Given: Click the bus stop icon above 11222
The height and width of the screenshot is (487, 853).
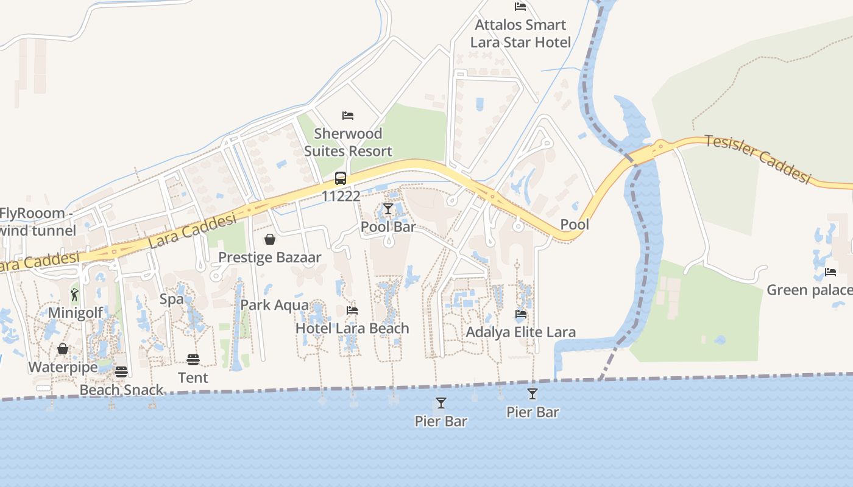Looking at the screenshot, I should [341, 178].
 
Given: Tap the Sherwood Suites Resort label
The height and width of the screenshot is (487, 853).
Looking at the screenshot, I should [348, 142].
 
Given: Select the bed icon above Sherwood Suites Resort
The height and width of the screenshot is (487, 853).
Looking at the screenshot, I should [348, 115].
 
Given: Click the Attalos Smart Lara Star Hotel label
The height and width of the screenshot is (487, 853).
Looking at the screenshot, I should [520, 33].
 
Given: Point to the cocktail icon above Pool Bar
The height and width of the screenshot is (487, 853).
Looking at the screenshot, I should [388, 209].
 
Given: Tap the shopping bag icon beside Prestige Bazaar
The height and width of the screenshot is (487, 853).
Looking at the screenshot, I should [270, 239].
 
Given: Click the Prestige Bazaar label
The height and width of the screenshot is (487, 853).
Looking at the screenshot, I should [269, 258].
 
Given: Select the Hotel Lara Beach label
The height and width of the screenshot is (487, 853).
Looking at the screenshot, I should [352, 328].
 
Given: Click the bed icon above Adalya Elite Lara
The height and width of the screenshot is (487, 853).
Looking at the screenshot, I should [521, 315].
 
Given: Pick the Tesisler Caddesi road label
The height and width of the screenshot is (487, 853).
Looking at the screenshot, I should [759, 158].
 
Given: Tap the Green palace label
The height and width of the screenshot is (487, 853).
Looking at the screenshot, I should [809, 290].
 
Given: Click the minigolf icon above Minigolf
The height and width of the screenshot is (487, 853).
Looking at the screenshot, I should [74, 295].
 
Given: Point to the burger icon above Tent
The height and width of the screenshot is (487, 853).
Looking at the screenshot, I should [193, 360].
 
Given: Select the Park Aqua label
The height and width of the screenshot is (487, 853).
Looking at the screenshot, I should [274, 305].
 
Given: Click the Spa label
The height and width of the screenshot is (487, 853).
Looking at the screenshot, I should [171, 299].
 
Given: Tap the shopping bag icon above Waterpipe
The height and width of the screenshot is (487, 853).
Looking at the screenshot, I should [63, 349].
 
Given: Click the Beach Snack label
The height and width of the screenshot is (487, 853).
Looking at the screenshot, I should [121, 390].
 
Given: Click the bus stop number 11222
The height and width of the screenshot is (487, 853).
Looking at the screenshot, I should [341, 196].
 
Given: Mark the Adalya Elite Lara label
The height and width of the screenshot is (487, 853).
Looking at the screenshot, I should [521, 332].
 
